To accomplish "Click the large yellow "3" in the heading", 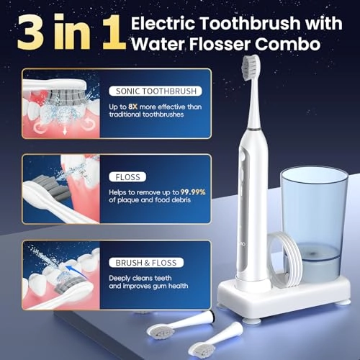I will coord(35,32).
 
